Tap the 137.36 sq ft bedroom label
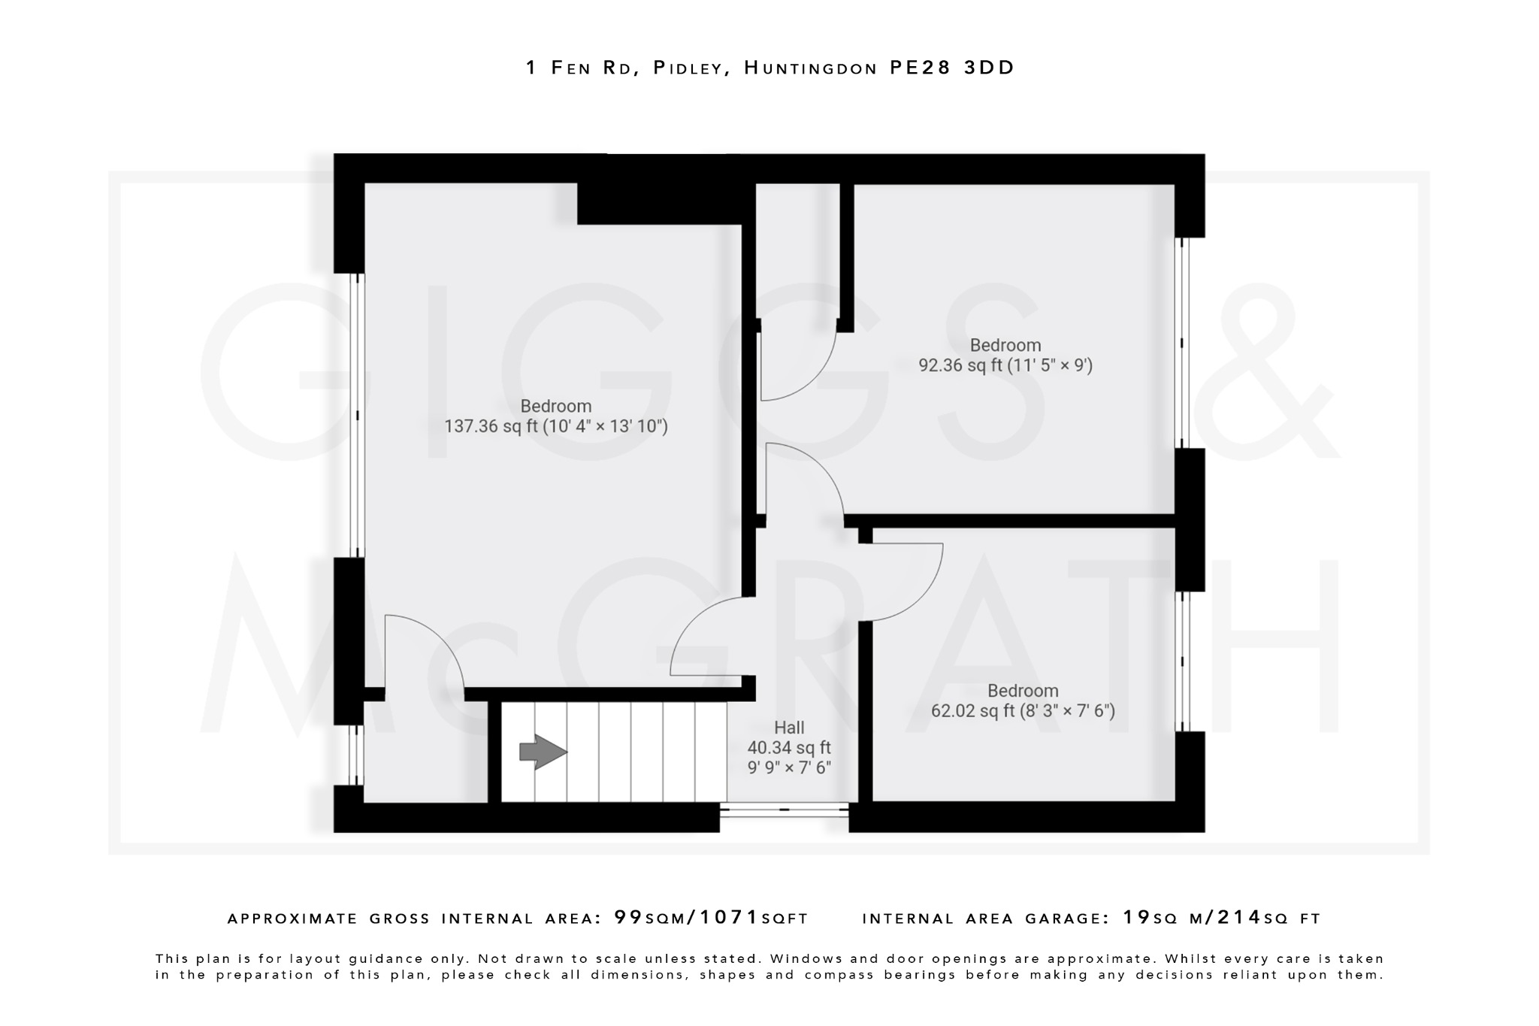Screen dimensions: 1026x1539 point(556,416)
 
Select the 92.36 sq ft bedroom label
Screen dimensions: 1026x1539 point(1005,356)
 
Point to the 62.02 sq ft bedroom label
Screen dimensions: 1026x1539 point(1023,701)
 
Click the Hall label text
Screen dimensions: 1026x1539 point(789,728)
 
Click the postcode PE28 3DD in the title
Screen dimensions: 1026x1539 point(951,68)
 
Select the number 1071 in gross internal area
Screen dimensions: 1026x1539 point(730,918)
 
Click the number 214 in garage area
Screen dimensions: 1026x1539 point(1240,918)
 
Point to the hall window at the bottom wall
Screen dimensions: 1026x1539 point(784,810)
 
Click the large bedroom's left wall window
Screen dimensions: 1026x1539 point(358,415)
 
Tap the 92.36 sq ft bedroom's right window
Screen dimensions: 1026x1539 point(1183,343)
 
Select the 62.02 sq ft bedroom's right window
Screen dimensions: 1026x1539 point(1183,661)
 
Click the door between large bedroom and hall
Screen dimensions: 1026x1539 point(710,639)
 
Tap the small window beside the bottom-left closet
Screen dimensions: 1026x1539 point(358,755)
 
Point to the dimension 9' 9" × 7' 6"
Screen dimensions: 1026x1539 point(789,768)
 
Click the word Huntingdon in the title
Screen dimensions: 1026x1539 point(810,68)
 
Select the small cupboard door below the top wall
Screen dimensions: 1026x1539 point(797,361)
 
